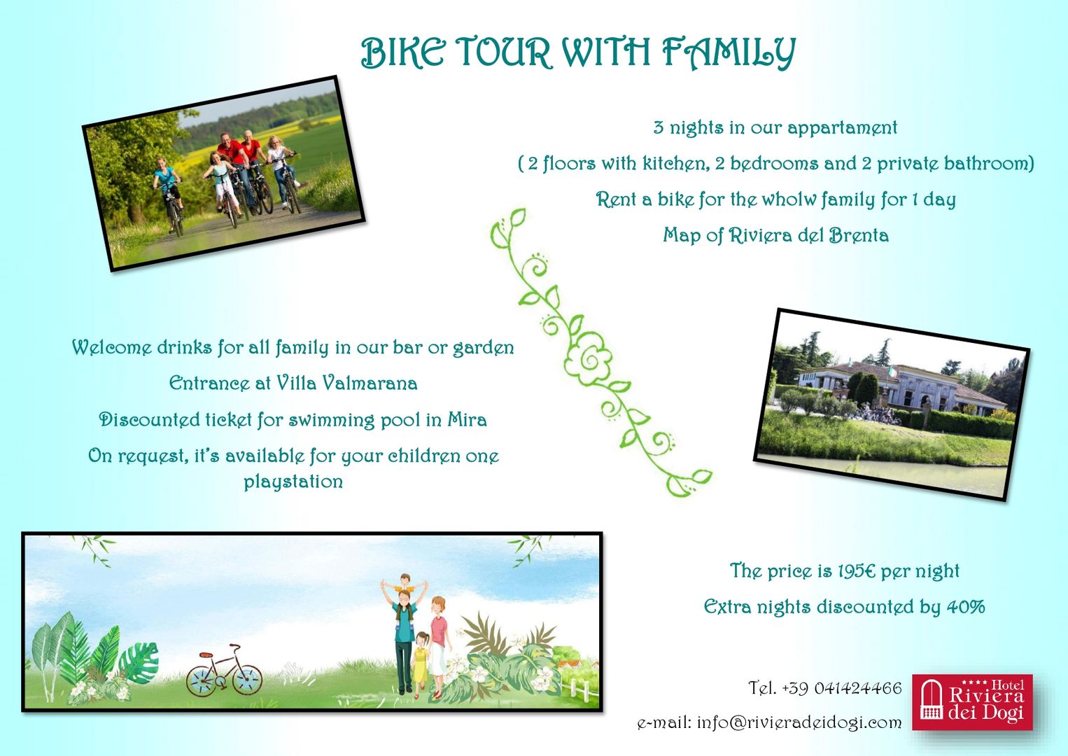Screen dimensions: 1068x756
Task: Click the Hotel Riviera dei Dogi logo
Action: point(973,701)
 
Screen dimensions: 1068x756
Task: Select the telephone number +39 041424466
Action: point(842,688)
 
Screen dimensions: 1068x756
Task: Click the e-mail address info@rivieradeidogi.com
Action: point(799,723)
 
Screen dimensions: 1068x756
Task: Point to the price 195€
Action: point(857,571)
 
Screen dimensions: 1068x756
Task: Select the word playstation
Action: point(293,482)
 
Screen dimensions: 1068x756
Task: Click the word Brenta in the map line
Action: point(859,235)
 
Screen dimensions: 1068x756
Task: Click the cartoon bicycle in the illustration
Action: point(224,670)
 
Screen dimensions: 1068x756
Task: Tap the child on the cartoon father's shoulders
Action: point(405,584)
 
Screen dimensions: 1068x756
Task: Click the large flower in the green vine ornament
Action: point(587,359)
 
